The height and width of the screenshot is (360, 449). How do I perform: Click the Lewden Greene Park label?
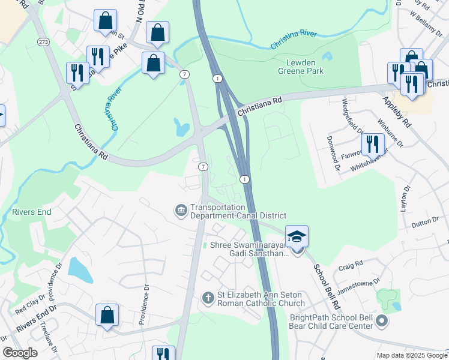301,67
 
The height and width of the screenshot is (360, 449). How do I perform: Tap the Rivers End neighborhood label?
31,212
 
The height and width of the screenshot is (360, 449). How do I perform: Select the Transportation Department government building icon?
180,211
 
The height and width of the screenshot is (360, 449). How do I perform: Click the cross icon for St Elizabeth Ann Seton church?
208,298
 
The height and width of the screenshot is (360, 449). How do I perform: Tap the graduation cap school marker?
297,238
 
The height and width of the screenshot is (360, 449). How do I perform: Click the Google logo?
20,353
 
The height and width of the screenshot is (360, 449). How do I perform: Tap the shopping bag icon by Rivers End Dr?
107,315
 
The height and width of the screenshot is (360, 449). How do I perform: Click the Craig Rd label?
351,265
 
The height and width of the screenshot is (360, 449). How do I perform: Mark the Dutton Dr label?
426,223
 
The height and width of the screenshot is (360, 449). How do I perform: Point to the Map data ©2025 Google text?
411,355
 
